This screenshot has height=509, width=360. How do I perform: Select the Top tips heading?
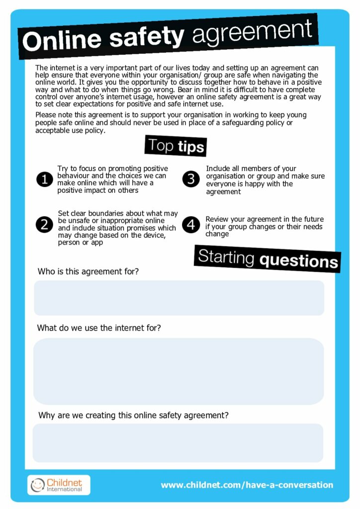pos(176,146)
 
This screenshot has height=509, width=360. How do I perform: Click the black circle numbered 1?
pos(45,179)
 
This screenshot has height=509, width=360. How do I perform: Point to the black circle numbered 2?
pos(45,225)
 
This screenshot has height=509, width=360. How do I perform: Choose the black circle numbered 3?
pos(191,179)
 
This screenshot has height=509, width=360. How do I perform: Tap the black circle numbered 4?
pos(191,225)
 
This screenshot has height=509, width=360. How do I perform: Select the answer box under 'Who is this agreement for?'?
pos(179,298)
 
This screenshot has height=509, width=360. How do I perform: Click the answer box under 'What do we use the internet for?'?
pos(179,371)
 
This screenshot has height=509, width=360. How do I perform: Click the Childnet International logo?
pos(59,485)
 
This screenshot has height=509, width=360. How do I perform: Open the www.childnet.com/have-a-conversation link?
pos(247,485)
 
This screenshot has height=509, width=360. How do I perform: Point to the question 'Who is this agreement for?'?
pos(88,272)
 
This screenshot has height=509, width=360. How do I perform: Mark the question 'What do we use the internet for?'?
pos(99,328)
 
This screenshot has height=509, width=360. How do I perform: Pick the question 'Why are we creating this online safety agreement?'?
pos(133,415)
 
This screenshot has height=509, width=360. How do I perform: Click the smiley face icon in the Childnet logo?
pos(37,485)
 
